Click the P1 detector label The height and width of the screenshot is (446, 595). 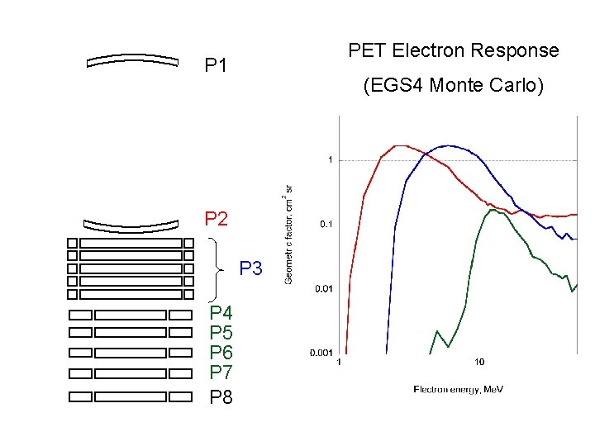(216, 65)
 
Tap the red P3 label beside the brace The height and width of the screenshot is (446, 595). (250, 268)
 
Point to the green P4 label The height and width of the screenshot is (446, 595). (221, 313)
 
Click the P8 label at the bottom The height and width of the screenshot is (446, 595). (221, 397)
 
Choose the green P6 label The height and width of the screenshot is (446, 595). (221, 353)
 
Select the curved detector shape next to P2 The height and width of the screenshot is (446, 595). (132, 224)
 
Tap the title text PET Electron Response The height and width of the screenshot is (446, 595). (453, 50)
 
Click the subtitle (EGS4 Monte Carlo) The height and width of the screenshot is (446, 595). (453, 85)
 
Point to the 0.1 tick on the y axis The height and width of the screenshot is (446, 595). (326, 224)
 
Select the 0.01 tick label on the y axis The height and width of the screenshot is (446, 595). (323, 288)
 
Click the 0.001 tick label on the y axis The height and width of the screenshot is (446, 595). (321, 353)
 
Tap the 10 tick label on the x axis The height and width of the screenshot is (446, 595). (479, 362)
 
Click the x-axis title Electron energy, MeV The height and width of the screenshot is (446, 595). (458, 388)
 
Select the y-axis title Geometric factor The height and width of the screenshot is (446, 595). (288, 234)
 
